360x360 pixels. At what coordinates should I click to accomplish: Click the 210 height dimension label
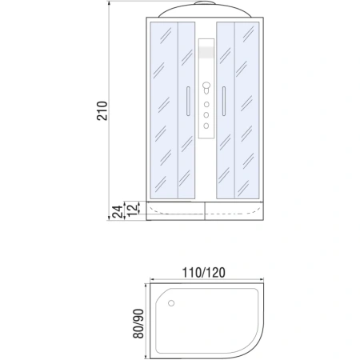coord(102,111)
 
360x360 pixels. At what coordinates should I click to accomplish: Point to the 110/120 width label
coord(206,271)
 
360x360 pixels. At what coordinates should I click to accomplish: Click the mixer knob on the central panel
coord(206,87)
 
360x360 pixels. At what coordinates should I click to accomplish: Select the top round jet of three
coord(206,103)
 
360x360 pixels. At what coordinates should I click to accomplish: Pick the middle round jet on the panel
coord(206,113)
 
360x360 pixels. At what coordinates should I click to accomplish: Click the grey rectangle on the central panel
coord(206,54)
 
